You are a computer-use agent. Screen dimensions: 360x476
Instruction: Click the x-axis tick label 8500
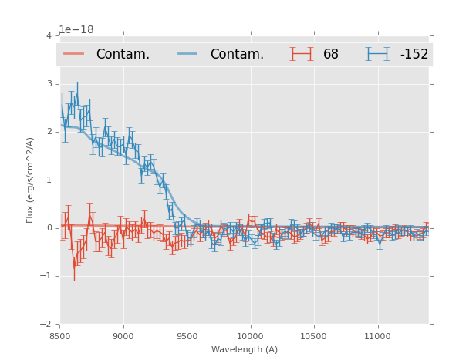point(59,336)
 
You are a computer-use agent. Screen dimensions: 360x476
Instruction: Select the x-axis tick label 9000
point(123,336)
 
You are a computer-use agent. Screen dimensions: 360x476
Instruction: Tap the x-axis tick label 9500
point(187,336)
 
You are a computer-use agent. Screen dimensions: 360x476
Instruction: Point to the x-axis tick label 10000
point(250,336)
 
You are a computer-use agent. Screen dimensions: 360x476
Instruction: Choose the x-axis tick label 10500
point(314,336)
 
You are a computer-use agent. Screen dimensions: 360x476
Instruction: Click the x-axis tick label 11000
point(377,336)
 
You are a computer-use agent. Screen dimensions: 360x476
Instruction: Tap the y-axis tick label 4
point(49,36)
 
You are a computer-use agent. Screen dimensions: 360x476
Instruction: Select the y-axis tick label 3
point(49,84)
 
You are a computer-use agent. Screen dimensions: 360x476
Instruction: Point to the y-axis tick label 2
point(49,132)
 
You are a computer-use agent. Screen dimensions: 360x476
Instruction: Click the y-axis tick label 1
point(49,180)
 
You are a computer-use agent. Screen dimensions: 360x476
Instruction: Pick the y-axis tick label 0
point(49,228)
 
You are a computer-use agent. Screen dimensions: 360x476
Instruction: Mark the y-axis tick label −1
point(46,276)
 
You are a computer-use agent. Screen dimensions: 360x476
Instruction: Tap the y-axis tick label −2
point(46,324)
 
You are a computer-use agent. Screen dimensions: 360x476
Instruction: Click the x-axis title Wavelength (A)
point(245,349)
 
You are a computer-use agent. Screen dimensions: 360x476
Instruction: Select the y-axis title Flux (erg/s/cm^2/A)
point(31,180)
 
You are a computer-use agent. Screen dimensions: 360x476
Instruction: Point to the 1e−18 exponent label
point(76,30)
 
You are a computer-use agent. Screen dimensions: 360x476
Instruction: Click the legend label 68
point(331,55)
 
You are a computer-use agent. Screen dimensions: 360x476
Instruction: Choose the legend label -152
point(414,55)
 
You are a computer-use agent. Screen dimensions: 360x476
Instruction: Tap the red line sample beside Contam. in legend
point(74,54)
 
